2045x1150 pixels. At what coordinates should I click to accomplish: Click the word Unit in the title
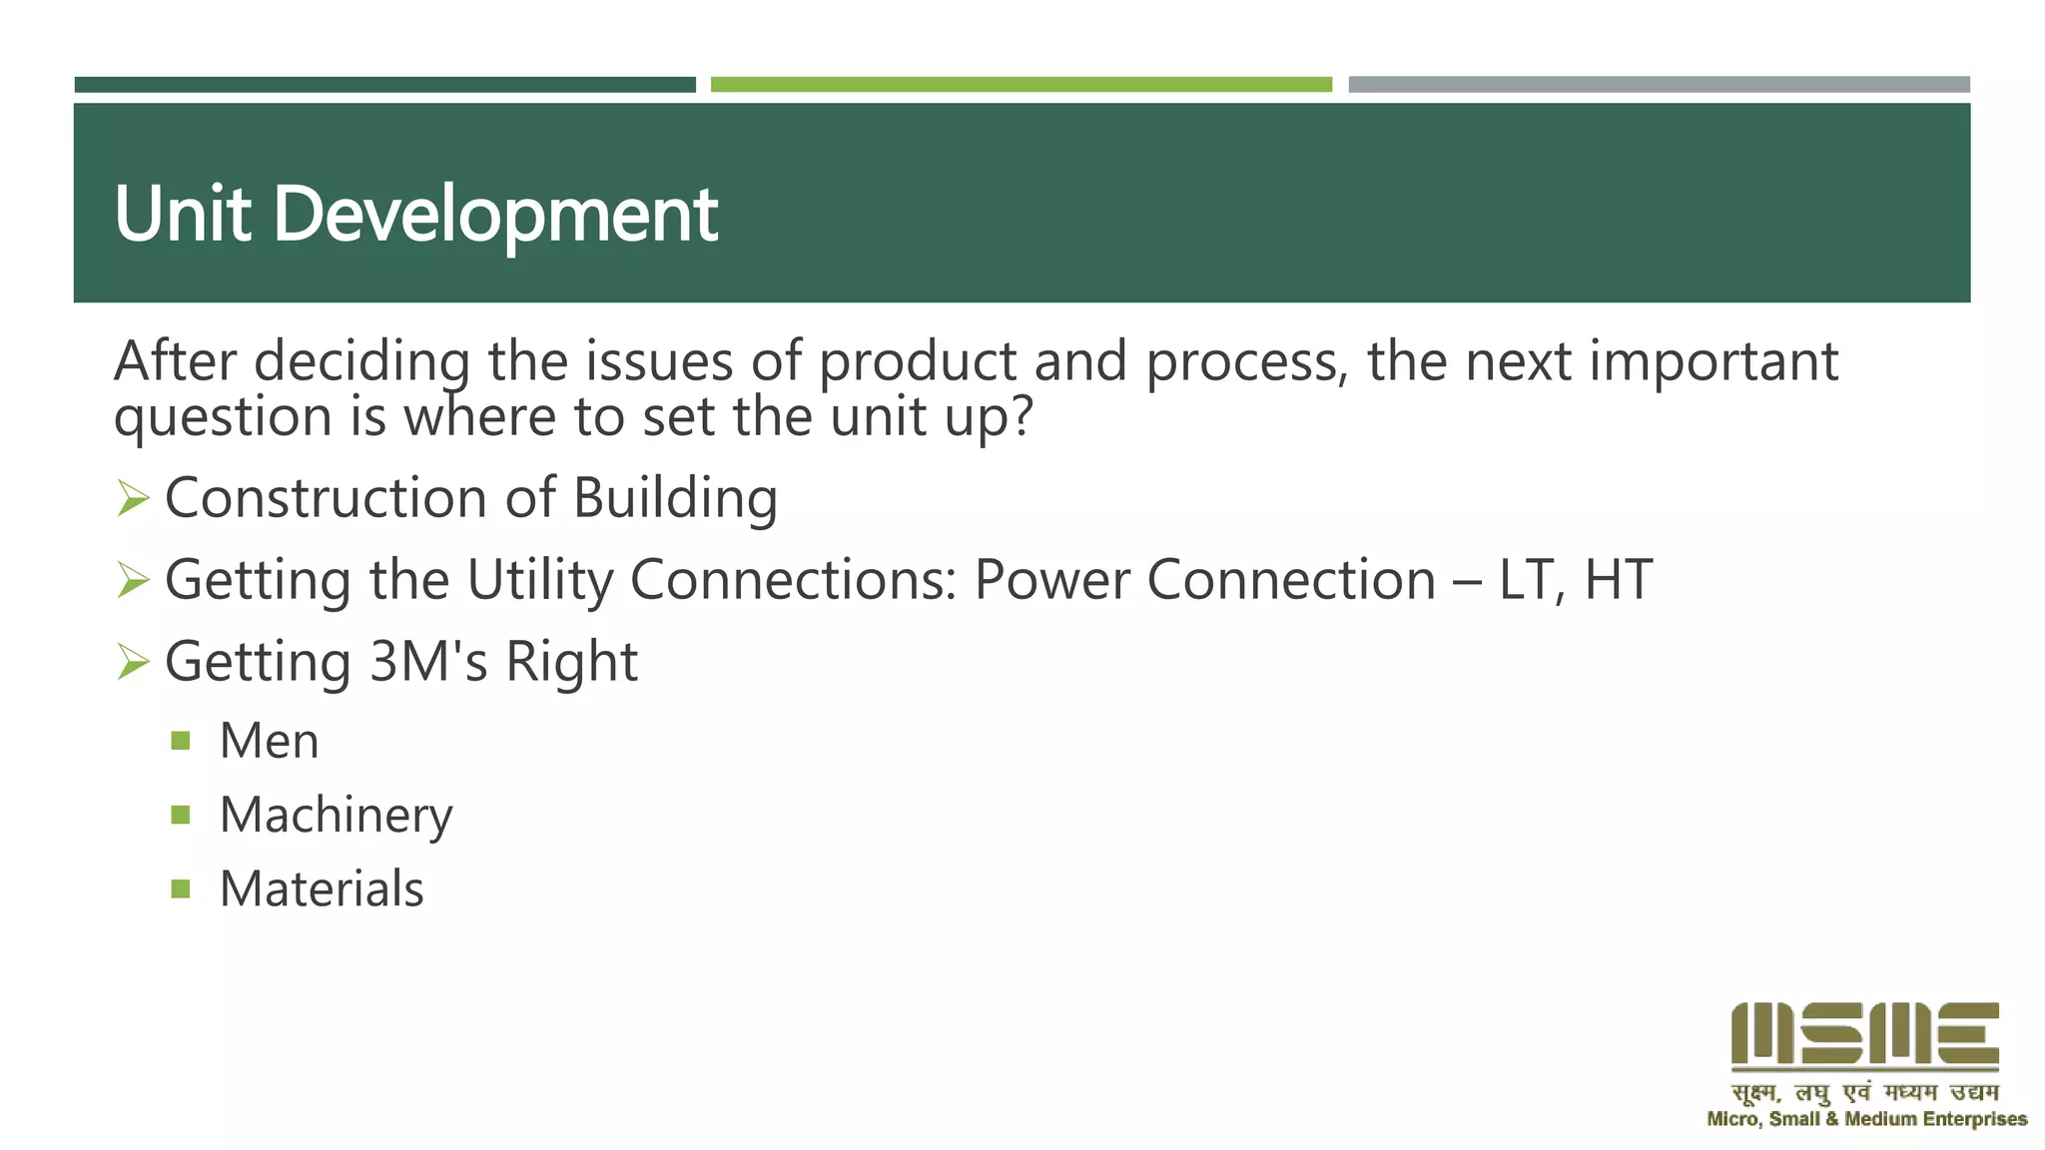[182, 214]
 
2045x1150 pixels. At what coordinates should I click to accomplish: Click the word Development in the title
[495, 214]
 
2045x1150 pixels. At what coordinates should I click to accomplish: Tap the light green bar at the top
[1021, 85]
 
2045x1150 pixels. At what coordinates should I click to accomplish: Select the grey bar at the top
[1659, 85]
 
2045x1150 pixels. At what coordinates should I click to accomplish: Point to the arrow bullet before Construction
[133, 497]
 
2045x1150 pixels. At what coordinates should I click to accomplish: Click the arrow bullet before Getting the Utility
[133, 579]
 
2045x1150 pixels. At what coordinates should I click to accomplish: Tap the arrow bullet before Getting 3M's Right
[133, 661]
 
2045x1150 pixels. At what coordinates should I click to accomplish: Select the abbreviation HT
[1618, 580]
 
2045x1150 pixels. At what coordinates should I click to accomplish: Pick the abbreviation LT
[1530, 580]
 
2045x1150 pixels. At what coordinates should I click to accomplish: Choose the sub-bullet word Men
[269, 741]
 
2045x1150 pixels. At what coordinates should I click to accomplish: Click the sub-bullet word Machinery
[336, 816]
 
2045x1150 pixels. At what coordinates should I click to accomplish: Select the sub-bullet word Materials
[322, 888]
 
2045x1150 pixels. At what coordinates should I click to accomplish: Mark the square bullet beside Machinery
[181, 815]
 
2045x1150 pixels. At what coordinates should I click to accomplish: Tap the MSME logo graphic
[1864, 1035]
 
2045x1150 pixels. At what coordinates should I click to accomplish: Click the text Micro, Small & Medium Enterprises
[1866, 1119]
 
